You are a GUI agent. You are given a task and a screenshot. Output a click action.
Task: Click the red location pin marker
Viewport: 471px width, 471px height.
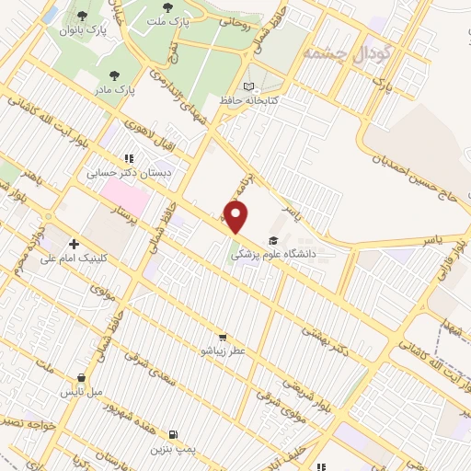tap(237, 217)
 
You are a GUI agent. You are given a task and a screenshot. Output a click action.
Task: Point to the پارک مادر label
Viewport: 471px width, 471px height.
tap(114, 90)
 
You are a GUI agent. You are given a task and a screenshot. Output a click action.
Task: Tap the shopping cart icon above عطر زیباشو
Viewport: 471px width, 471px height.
tap(223, 337)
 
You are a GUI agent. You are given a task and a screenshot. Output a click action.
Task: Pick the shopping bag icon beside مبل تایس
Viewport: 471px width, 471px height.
tap(82, 376)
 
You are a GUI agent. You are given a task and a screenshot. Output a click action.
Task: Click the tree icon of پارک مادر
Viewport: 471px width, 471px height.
tap(114, 75)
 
